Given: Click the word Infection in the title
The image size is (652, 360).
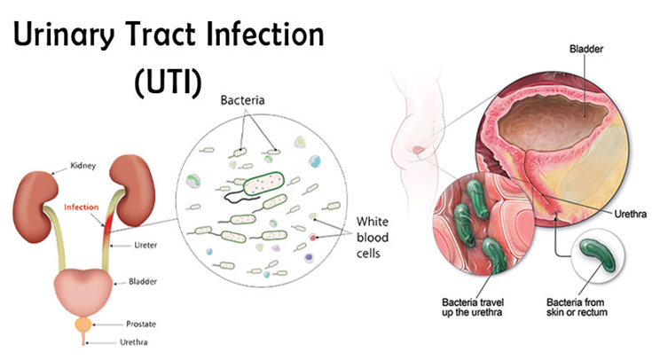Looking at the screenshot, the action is point(265,34).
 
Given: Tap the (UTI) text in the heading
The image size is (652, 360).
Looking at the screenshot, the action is point(168,82).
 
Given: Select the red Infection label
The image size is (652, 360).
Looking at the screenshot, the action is point(81,207).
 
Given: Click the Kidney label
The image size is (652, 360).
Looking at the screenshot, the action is point(82,166).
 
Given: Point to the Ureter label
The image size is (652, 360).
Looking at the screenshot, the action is point(145,246).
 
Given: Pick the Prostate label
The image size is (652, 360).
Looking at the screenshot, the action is point(141,325).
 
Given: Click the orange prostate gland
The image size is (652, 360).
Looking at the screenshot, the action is point(82,325).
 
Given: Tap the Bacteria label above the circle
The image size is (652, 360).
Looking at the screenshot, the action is point(242,100).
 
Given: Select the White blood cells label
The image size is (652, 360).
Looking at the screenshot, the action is point(373,238).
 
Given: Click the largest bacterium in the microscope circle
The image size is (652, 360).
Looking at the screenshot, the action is point(263,184).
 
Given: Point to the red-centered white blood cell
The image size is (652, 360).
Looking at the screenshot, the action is point(312,238).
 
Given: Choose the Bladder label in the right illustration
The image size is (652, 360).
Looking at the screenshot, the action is point(585,49).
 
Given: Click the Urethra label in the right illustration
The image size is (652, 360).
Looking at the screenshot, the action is point(631,214).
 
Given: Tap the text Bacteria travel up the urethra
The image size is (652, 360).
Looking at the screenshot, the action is point(472,307).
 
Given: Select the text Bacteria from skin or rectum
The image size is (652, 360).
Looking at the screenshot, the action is point(577,307).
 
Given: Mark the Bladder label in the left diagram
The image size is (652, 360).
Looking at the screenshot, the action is point(143,282).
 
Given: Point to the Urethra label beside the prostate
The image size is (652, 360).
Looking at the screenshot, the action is point(133,342).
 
